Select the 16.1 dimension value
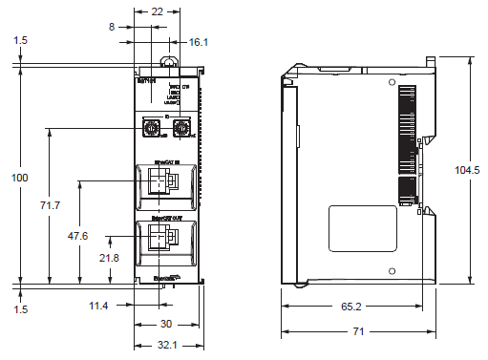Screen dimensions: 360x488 (x=199, y=42)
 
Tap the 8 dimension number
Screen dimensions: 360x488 (x=112, y=29)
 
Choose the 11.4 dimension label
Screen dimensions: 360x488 (x=98, y=305)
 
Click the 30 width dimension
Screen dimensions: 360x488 (x=166, y=324)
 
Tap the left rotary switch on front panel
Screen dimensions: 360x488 (x=149, y=126)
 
